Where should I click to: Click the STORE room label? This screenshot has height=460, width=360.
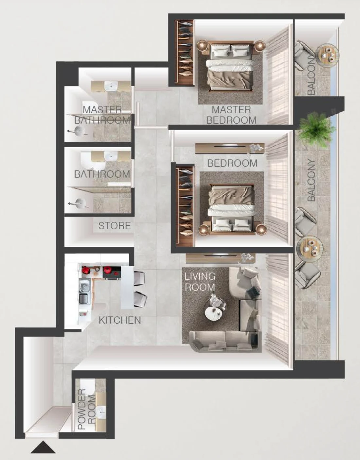coord(114,226)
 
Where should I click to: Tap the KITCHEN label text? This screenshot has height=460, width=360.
coord(120,320)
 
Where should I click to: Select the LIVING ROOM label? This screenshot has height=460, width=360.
coord(200,282)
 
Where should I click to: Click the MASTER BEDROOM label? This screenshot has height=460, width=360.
coord(231,115)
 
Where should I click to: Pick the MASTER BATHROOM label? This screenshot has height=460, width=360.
coord(102,115)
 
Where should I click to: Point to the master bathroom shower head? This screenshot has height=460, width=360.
coord(78,132)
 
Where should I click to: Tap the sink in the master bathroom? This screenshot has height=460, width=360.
coord(110,86)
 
